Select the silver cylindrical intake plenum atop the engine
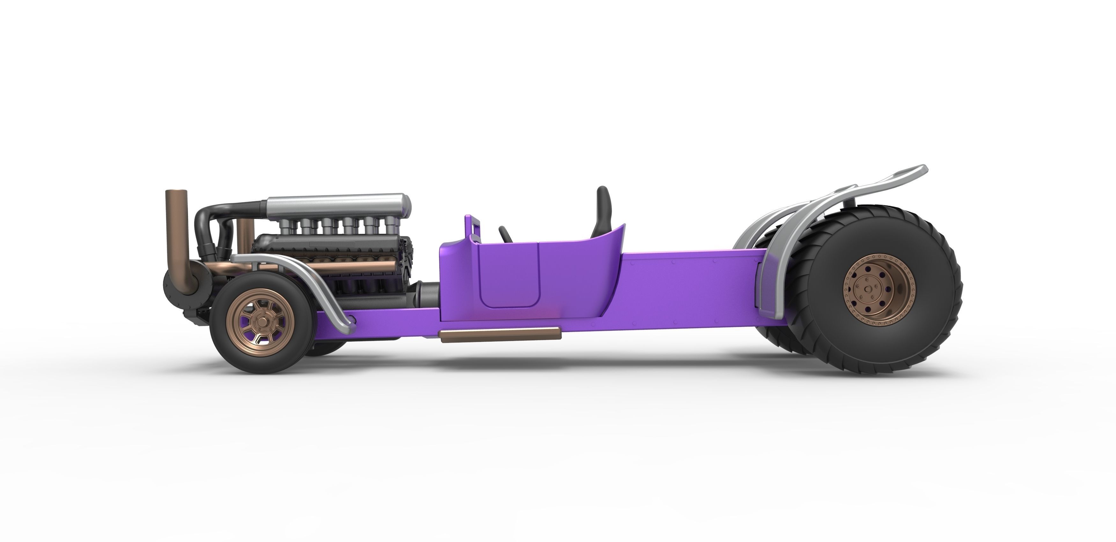(x=338, y=204)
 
